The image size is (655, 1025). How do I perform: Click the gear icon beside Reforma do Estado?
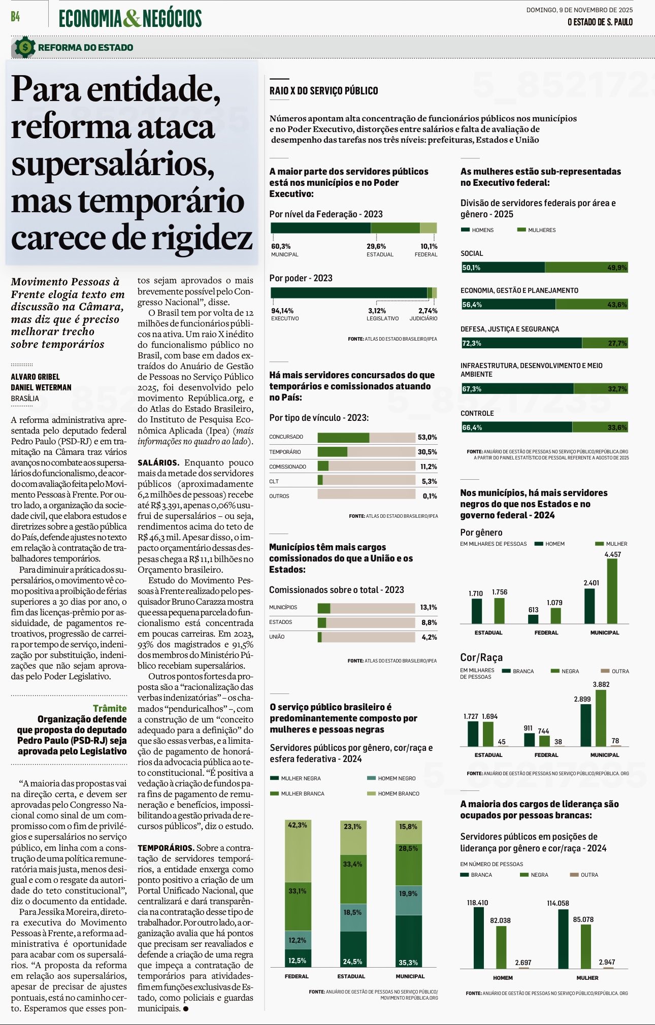click(24, 47)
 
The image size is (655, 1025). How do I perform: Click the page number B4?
click(15, 17)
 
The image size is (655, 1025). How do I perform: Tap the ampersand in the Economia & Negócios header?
click(132, 18)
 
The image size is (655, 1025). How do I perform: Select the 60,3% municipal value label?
click(281, 246)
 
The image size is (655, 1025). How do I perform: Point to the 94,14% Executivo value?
click(282, 311)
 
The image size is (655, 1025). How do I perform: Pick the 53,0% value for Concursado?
click(427, 437)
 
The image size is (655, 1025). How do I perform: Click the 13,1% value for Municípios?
click(428, 607)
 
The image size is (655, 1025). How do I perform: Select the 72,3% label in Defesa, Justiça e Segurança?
click(472, 343)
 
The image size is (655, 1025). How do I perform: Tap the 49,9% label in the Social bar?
click(617, 268)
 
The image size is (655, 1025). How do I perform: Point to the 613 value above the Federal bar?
click(533, 610)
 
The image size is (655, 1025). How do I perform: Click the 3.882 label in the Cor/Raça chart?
click(601, 684)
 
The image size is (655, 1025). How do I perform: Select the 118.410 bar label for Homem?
click(477, 903)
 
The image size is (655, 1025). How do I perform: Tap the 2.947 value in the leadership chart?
click(607, 962)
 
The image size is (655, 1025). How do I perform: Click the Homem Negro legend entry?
click(396, 778)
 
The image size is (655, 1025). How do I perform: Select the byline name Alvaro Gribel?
click(36, 377)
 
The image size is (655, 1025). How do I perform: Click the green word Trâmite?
click(110, 708)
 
